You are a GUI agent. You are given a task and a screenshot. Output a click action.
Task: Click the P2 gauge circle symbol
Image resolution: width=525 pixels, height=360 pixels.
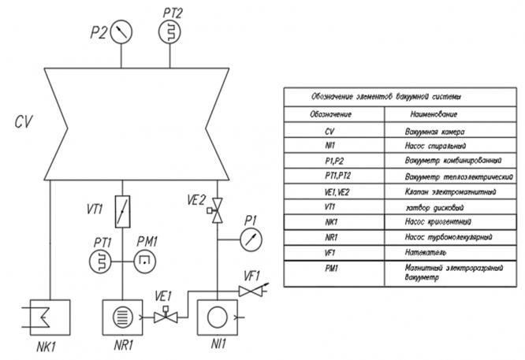coord(122,32)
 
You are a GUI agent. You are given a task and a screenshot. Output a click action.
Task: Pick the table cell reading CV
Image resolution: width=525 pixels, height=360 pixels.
coord(331,132)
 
